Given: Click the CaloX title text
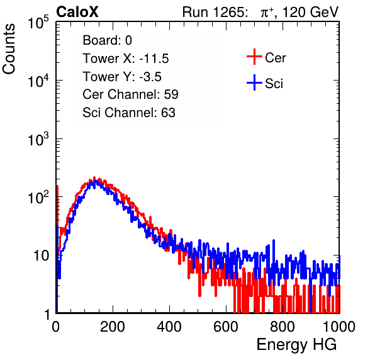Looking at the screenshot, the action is tap(77, 12).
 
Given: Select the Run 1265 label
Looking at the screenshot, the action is tap(215, 12).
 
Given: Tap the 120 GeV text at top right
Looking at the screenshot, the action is tap(310, 12).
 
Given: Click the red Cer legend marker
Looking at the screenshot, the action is tap(254, 57).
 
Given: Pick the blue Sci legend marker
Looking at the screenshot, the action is tap(254, 82).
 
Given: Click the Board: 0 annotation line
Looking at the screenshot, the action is tap(107, 40).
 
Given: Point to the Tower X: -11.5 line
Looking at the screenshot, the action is tap(126, 59).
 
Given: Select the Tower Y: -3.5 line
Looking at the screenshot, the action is tap(122, 77).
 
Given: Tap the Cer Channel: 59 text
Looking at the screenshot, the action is tap(130, 94).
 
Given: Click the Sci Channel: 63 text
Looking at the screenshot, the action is tap(129, 113).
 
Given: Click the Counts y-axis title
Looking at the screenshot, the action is tap(9, 49).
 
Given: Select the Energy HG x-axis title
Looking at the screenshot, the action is tap(296, 345).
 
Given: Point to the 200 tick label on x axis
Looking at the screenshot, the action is tap(113, 327).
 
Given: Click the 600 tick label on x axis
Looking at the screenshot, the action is tap(226, 327).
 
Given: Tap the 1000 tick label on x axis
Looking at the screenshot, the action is tap(339, 327).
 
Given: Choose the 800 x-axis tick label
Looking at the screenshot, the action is tap(283, 327).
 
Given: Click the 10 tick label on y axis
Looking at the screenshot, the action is tap(42, 256).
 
